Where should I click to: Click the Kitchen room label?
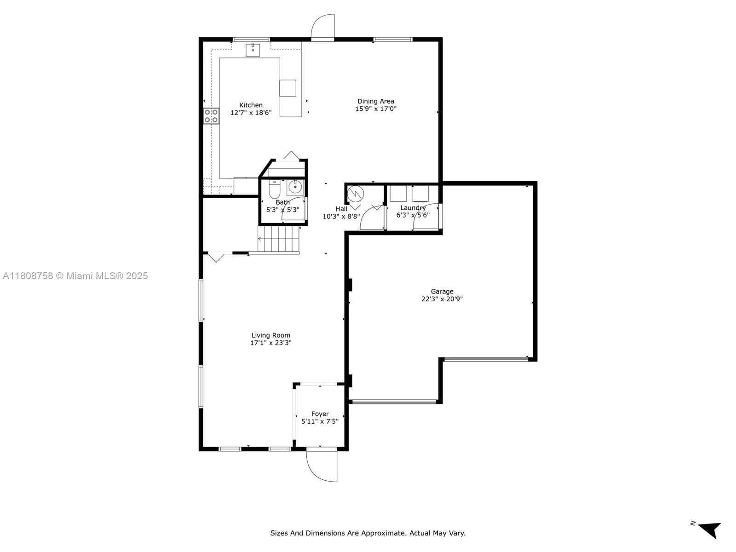[251, 105]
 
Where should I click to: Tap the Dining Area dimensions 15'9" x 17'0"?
[375, 109]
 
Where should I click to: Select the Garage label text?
[442, 292]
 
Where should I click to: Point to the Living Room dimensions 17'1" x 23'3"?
[270, 343]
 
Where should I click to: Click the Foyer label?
[320, 414]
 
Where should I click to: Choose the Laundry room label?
[413, 208]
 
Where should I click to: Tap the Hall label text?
[341, 209]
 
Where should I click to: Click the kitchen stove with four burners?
[211, 116]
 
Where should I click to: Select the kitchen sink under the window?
[253, 50]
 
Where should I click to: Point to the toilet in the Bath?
[274, 190]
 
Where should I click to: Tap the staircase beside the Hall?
[278, 239]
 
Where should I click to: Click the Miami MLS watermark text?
[75, 276]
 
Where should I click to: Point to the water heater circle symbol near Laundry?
[356, 194]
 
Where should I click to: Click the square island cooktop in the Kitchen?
[287, 88]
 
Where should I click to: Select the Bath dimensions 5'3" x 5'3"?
[282, 210]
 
